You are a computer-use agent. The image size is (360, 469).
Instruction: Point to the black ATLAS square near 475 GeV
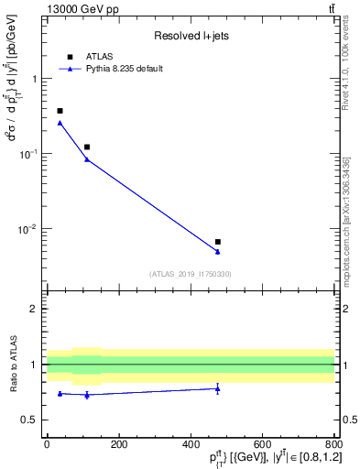click(x=217, y=242)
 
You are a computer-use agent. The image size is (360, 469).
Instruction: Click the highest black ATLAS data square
click(x=60, y=111)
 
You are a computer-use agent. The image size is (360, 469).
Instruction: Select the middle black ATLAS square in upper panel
click(x=87, y=147)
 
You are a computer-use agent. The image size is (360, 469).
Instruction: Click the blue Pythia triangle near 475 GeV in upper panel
click(x=217, y=251)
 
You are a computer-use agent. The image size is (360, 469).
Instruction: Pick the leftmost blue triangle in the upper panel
click(x=60, y=123)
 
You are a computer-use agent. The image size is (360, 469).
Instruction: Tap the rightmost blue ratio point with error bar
click(x=217, y=388)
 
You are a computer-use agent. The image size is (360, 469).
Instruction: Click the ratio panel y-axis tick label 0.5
click(x=32, y=420)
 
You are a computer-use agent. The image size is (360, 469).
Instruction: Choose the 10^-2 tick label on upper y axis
click(x=29, y=229)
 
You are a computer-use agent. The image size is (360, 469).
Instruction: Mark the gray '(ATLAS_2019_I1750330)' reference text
click(x=191, y=274)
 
